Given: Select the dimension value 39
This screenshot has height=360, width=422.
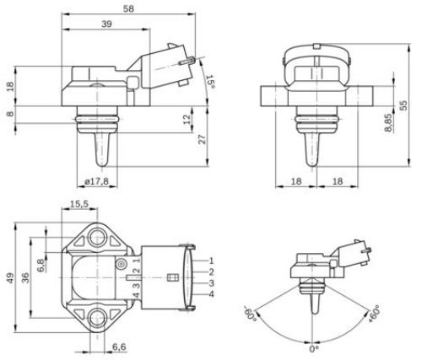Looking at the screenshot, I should coord(107,24).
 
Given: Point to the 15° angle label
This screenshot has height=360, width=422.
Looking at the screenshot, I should coord(210,81).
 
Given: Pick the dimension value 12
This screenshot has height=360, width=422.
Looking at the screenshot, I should coord(188,121).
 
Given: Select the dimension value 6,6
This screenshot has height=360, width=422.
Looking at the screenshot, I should coord(119,347).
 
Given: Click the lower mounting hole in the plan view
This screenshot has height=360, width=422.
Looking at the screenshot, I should coord(100,319).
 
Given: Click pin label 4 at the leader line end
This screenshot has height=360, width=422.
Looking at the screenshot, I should coord(211,293).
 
